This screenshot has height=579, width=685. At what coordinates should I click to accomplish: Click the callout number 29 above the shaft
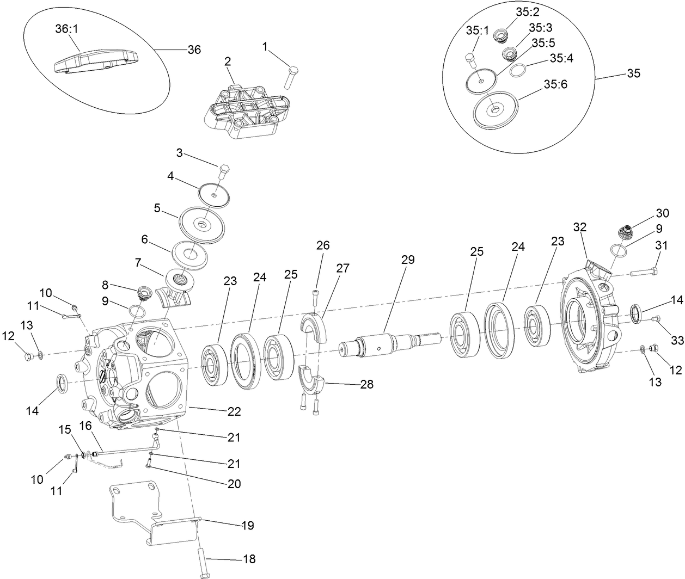click(x=408, y=260)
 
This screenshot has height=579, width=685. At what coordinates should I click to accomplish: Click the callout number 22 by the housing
click(x=234, y=411)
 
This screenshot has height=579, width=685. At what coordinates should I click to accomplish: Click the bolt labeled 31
click(x=645, y=272)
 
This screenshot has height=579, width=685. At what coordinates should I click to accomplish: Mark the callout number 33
click(x=677, y=340)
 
